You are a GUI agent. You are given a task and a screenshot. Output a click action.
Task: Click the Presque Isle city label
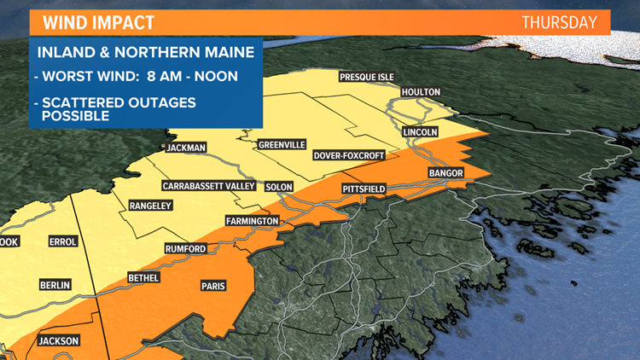click(367, 77)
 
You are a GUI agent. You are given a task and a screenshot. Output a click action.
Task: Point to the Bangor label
click(445, 173)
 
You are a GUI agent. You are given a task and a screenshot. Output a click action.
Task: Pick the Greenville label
click(282, 145)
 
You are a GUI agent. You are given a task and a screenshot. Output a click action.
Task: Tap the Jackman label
click(187, 147)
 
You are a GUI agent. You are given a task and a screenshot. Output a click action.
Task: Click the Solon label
click(279, 186)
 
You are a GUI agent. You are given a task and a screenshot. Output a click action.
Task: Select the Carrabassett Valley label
click(207, 186)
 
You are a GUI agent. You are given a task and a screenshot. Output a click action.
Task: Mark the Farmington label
click(252, 221)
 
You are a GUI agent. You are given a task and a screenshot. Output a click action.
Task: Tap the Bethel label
click(143, 278)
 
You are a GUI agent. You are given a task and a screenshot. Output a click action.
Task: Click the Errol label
click(63, 242)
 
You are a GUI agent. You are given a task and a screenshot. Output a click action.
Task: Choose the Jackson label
click(59, 341)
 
